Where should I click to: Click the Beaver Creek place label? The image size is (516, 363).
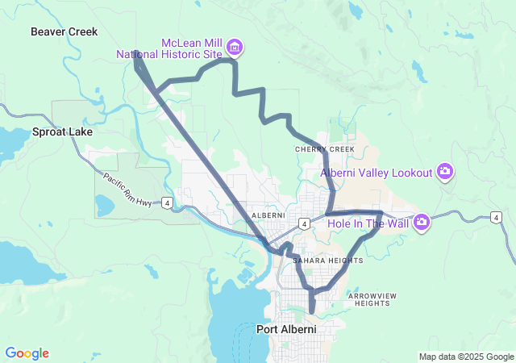click(64, 31)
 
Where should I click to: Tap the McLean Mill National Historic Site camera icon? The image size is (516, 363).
click(235, 48)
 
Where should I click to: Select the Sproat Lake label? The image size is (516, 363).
click(62, 131)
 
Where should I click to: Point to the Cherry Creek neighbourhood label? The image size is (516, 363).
click(325, 149)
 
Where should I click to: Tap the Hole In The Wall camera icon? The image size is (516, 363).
click(421, 222)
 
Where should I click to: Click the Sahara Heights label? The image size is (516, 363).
click(328, 261)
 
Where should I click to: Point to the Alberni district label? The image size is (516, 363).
click(269, 215)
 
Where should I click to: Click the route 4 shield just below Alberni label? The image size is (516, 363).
click(304, 222)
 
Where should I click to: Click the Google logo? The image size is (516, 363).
click(27, 353)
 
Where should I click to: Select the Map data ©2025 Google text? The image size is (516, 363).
click(465, 357)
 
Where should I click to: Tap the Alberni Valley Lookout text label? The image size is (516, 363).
click(377, 172)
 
